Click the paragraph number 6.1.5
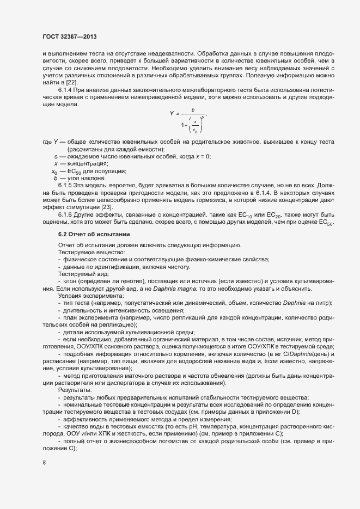[66, 186]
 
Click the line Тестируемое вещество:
[86, 252]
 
